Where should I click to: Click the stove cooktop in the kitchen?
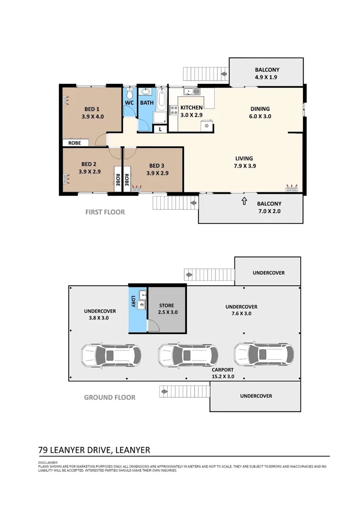173,111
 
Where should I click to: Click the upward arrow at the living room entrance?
244,201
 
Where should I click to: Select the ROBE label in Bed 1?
74,142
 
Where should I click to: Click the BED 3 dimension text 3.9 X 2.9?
157,173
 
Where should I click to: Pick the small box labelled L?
160,129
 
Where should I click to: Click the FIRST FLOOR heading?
105,212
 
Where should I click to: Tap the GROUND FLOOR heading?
109,397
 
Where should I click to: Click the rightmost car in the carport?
264,354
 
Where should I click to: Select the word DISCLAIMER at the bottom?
48,462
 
